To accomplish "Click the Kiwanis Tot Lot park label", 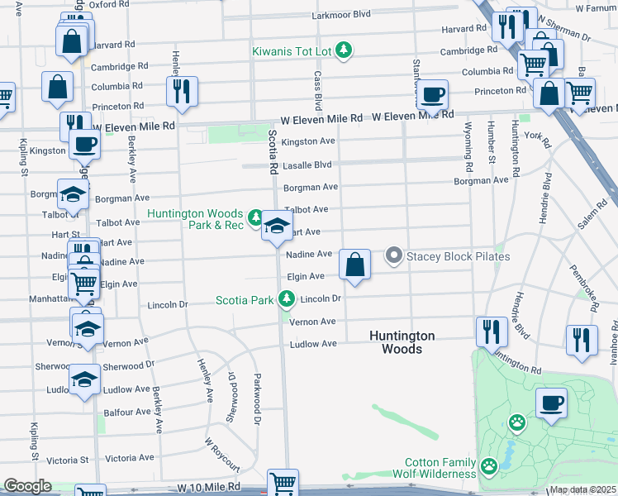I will [x=292, y=51].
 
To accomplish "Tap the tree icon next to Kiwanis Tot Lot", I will [x=345, y=51].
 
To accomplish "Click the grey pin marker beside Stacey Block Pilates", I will [x=394, y=256].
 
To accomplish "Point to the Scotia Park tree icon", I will [x=287, y=298].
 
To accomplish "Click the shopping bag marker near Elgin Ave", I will [x=354, y=265].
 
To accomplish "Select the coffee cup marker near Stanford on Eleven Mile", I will [x=432, y=94].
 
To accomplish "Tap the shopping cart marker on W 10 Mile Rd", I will [x=283, y=482].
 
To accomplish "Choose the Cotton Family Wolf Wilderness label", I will [x=440, y=469].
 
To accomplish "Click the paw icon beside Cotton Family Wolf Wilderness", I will [x=489, y=468].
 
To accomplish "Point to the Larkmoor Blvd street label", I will [x=340, y=15].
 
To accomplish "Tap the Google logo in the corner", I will [x=27, y=486].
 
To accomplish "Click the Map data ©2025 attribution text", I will [x=582, y=489].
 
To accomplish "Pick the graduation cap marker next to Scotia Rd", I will [x=278, y=226].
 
